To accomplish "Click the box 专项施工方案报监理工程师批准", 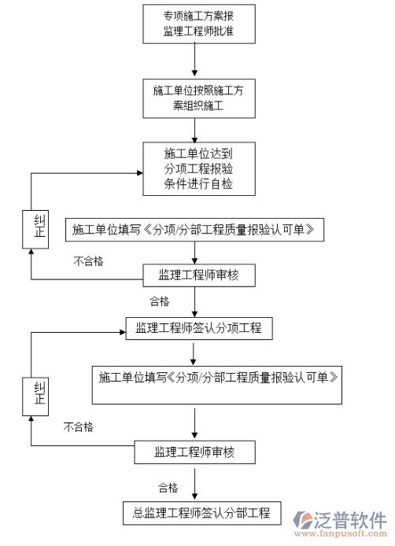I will click(x=197, y=24).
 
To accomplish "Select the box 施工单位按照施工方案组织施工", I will click(x=198, y=98).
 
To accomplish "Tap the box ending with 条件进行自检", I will click(x=198, y=168).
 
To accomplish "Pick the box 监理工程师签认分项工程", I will click(x=198, y=327).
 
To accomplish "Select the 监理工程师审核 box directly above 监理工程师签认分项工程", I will click(x=197, y=275).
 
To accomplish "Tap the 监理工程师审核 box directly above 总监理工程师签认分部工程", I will click(x=194, y=452).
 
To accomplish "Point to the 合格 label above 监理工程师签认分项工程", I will click(x=159, y=301).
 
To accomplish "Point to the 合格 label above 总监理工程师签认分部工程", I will click(x=168, y=487).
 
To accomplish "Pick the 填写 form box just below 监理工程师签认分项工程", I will click(x=218, y=378).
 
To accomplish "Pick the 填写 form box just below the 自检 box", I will click(x=195, y=231).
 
